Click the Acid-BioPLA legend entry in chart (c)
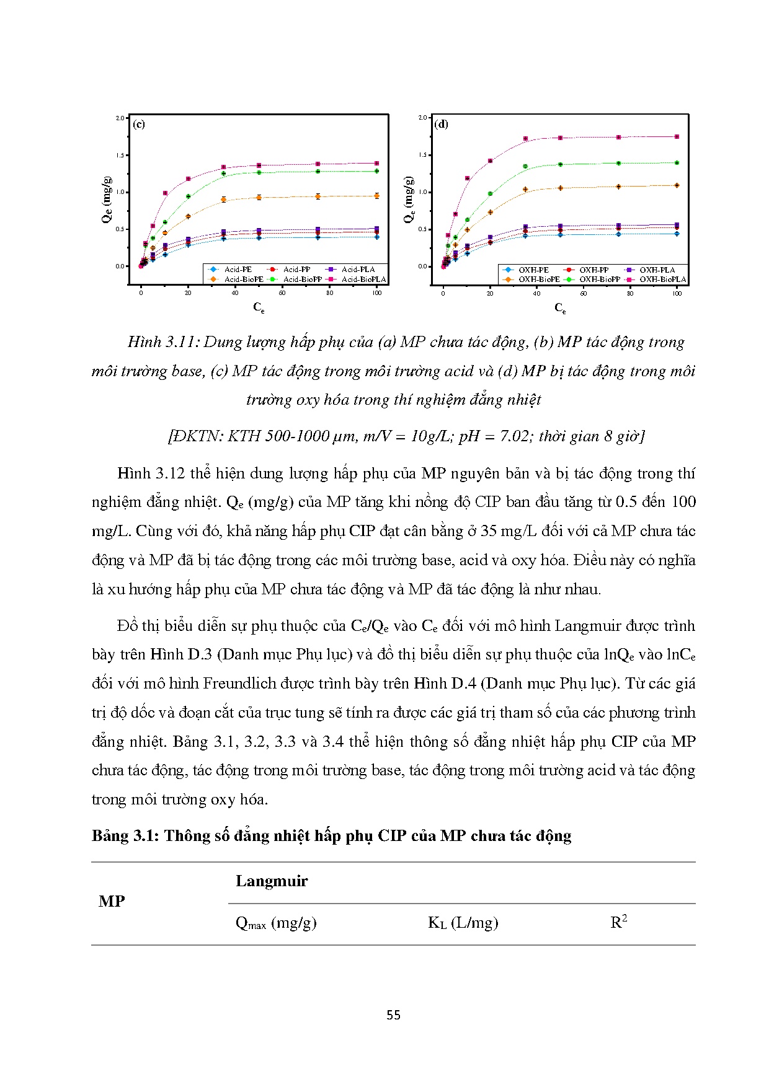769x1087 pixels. (x=363, y=279)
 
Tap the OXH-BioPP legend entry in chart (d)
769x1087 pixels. (x=599, y=279)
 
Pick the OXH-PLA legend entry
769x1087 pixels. (x=657, y=270)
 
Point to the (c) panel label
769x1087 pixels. (x=139, y=124)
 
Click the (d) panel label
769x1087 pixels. (x=441, y=124)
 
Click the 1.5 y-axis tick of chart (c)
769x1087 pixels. (x=120, y=156)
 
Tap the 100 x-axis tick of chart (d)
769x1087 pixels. (x=677, y=294)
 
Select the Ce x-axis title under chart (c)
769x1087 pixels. (x=259, y=307)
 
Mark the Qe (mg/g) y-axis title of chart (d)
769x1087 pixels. (x=409, y=200)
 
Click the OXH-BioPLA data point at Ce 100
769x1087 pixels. (x=677, y=137)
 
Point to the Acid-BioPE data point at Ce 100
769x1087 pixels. (x=376, y=196)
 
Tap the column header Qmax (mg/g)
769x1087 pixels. (x=276, y=923)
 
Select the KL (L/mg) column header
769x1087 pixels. (x=463, y=923)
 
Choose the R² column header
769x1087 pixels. (x=618, y=922)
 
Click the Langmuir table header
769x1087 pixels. (x=272, y=881)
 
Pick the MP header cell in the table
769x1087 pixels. (x=112, y=902)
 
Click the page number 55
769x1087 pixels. (x=393, y=1015)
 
